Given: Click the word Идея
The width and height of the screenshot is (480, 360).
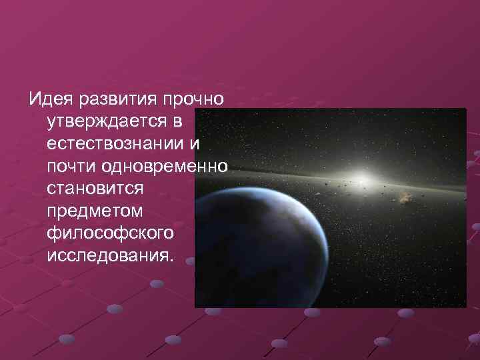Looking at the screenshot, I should pos(50,99).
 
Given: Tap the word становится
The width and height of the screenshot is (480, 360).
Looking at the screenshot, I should pos(95,189).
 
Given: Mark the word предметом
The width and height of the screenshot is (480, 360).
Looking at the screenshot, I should pos(90,211).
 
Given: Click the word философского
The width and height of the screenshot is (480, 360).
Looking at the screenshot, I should pos(111,233).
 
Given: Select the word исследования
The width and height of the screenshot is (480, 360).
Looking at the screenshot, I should pos(107,256).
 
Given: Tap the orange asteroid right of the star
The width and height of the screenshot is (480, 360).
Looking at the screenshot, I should pos(405,197).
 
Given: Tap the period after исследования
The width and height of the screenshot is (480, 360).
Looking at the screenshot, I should pos(169,261).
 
